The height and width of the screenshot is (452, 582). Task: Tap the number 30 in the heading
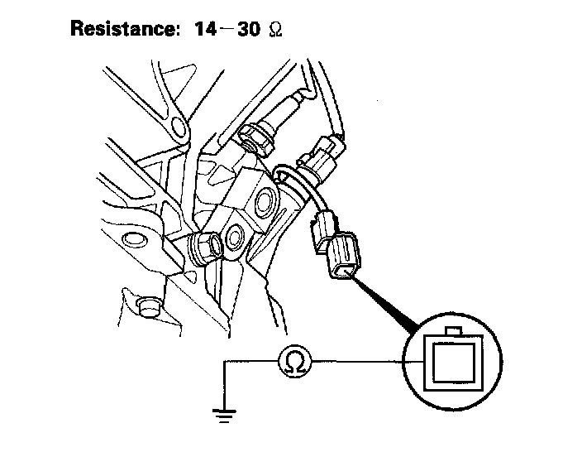point(245,29)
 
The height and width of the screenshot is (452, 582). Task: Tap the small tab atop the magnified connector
point(453,331)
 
